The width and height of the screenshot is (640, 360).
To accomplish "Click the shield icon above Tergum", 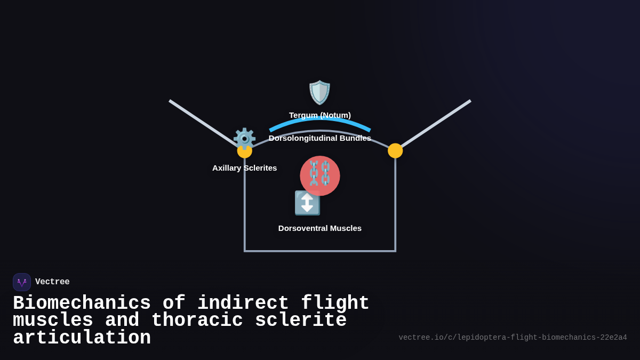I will click(x=319, y=92).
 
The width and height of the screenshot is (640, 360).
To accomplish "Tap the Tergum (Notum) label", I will click(x=320, y=115).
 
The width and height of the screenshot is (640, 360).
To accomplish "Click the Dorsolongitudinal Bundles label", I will click(x=320, y=138).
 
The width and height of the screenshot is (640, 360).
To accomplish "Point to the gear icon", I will click(x=244, y=138).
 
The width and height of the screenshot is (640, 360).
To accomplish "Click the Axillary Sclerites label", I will click(x=244, y=168).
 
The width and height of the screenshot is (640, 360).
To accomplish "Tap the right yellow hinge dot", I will click(x=395, y=151).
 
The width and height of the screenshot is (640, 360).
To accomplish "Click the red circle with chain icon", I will click(x=320, y=175).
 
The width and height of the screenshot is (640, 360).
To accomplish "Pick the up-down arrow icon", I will click(x=307, y=203).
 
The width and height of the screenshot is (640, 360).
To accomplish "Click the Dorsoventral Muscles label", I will click(x=320, y=228).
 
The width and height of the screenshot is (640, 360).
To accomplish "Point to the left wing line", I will click(x=203, y=122).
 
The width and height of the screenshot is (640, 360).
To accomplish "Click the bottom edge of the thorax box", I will click(x=320, y=251).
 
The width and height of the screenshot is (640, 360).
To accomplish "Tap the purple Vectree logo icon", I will click(x=22, y=282).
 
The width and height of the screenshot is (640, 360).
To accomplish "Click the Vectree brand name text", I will click(x=52, y=282).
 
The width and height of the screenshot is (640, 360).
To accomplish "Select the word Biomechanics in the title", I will click(x=82, y=303).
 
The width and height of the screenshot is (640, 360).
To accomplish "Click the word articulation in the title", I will click(x=82, y=338).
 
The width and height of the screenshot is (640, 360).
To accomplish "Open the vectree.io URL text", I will click(x=513, y=338).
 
